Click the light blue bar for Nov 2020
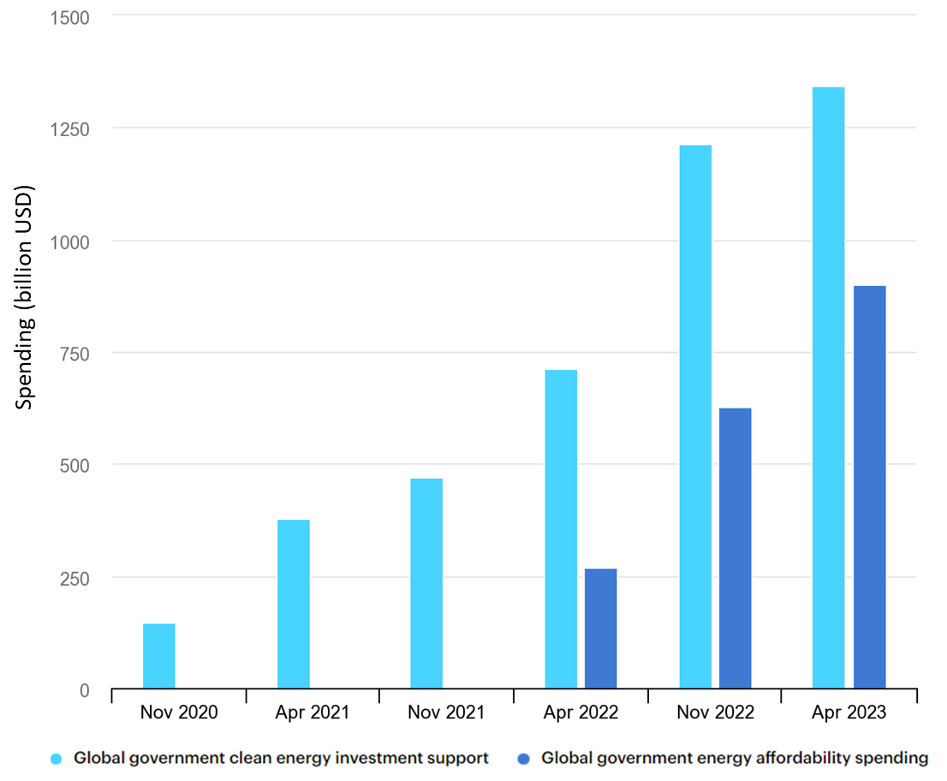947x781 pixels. [x=158, y=656]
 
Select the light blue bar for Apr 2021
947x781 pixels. [x=294, y=604]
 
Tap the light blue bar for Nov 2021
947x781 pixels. [x=426, y=583]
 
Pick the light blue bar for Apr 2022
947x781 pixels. [x=561, y=529]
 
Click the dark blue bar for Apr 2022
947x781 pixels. [x=601, y=629]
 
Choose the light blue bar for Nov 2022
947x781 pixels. [x=695, y=417]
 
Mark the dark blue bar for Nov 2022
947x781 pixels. [x=735, y=548]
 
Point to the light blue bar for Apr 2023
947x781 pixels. [x=828, y=388]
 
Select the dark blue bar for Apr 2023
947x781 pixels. [x=869, y=487]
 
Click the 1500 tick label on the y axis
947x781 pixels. [x=71, y=17]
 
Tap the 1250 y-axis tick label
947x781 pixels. [x=71, y=129]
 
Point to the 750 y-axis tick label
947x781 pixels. [x=75, y=354]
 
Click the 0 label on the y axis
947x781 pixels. [x=84, y=690]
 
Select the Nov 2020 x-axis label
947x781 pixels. [x=179, y=712]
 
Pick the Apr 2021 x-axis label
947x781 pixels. [x=313, y=712]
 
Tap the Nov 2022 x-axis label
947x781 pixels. [x=715, y=712]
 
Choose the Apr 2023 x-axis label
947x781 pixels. [x=849, y=712]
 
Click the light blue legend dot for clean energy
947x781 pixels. [x=57, y=758]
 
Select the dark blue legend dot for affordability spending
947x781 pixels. [x=524, y=758]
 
